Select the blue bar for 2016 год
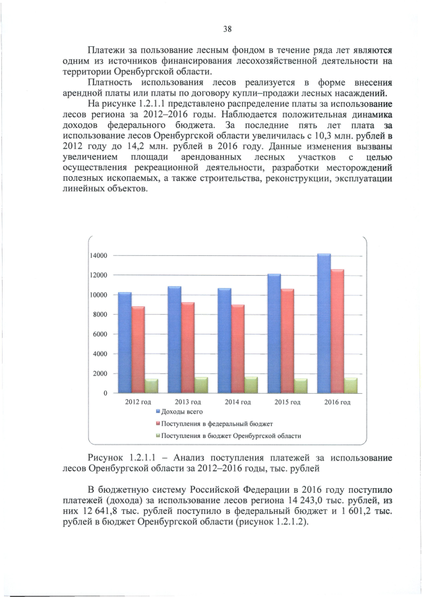click(323, 323)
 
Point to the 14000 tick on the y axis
click(99, 255)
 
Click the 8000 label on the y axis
click(101, 315)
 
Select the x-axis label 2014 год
click(237, 402)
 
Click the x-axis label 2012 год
click(138, 402)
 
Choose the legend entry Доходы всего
click(178, 412)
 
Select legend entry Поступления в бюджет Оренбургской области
click(227, 436)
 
